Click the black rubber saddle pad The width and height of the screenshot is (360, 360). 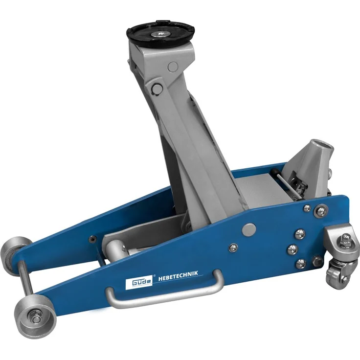click(x=160, y=34)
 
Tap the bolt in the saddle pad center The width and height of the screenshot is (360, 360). click(x=160, y=34)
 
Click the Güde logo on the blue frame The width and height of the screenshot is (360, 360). click(x=139, y=282)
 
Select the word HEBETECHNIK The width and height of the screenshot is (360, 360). click(x=178, y=274)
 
